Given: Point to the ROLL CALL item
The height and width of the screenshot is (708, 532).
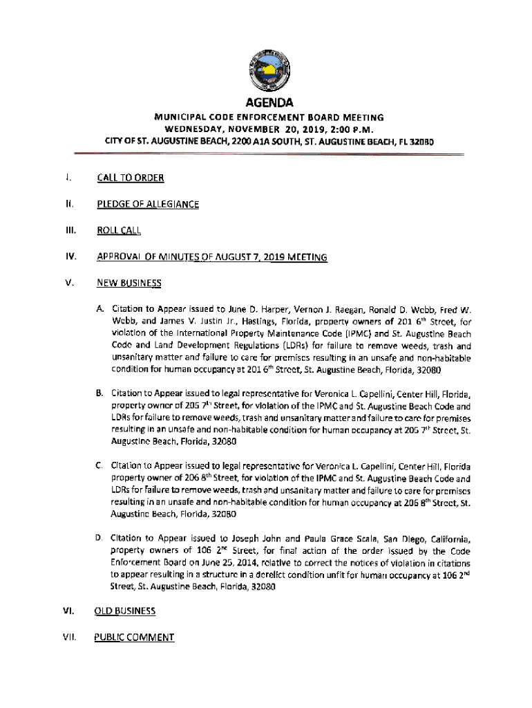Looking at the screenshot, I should [118, 230].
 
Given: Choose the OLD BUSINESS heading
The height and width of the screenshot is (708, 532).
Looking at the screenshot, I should [124, 611].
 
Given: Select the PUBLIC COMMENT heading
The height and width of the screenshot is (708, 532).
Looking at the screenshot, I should [134, 637].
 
